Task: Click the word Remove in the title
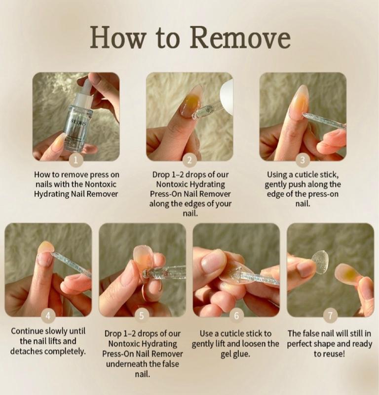coord(240,38)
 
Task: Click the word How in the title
coord(118,38)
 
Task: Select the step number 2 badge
coord(189,160)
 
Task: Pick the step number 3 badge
coord(303,160)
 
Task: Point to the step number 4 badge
coord(48,316)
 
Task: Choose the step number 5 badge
coord(142,316)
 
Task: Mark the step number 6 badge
coord(236,316)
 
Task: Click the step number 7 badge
coord(330,316)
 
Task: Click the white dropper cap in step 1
coord(84,89)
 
